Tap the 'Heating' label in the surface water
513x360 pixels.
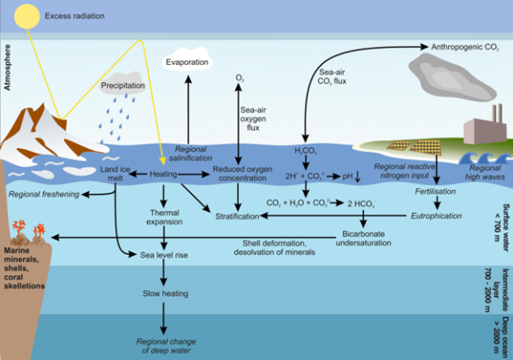[x=163, y=174]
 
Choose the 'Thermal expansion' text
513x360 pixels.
[x=162, y=217]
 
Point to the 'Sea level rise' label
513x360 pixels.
[x=163, y=254]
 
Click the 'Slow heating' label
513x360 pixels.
[x=162, y=293]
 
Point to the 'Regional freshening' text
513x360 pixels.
[x=44, y=194]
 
